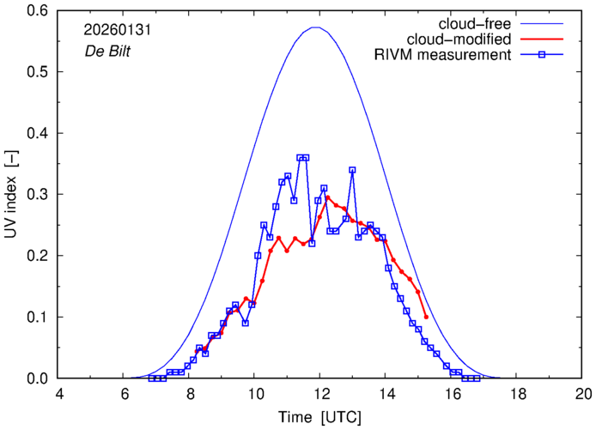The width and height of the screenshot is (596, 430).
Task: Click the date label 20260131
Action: point(110,28)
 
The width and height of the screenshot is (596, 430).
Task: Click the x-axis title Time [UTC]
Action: point(319,417)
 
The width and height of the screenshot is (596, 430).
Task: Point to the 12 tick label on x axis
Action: point(320,394)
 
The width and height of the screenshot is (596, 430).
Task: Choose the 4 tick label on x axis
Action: point(59,394)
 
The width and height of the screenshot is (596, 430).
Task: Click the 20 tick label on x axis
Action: point(583,394)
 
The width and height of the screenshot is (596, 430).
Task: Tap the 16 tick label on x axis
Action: point(452,394)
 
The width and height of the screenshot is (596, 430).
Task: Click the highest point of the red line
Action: point(328,197)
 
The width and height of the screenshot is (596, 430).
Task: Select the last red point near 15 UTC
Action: point(426,317)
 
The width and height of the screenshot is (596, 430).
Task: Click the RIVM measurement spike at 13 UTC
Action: point(352,170)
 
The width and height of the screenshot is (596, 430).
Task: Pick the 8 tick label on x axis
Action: point(190,394)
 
